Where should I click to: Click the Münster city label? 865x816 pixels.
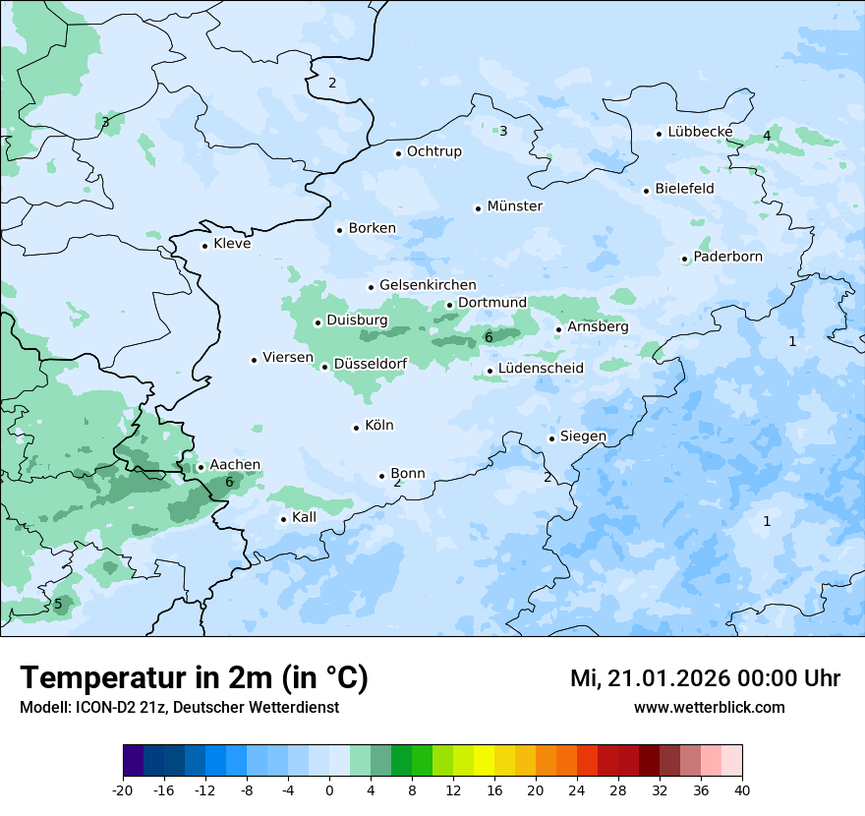(x=514, y=206)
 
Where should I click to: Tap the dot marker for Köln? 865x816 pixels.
(x=357, y=427)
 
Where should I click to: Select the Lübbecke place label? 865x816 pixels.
(x=700, y=132)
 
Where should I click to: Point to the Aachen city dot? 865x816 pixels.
(x=201, y=467)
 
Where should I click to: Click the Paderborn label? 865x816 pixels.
(x=727, y=258)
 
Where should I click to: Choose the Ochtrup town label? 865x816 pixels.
(x=433, y=151)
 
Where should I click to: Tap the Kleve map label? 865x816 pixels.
(x=232, y=244)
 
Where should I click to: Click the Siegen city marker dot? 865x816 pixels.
(x=552, y=438)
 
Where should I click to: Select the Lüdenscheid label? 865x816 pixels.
(x=541, y=369)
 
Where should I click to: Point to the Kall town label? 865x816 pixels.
(x=304, y=517)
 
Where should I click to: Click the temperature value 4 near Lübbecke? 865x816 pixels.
(x=767, y=136)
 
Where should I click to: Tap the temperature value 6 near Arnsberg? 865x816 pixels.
(x=489, y=338)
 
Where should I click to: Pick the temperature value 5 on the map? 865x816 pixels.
(x=58, y=604)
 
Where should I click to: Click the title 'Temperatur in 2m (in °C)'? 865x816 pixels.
(x=194, y=678)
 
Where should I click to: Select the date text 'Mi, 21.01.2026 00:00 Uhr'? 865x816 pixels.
(x=705, y=678)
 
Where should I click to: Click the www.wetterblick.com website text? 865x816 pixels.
(x=709, y=707)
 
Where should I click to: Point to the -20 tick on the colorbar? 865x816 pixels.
(x=123, y=789)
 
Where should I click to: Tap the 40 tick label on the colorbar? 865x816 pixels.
(x=742, y=789)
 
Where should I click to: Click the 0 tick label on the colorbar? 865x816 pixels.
(x=329, y=789)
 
